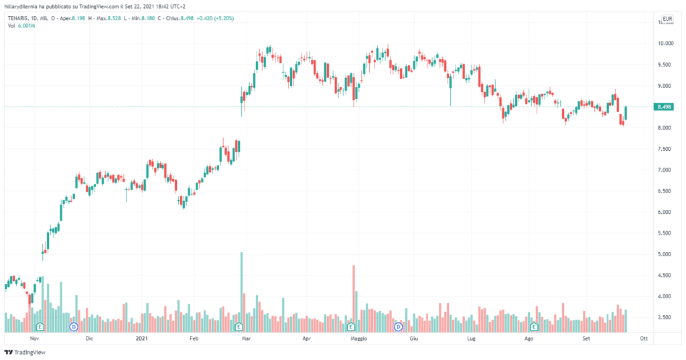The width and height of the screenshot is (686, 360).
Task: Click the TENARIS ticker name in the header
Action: pyautogui.click(x=19, y=18)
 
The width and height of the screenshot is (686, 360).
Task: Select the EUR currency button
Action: pyautogui.click(x=667, y=18)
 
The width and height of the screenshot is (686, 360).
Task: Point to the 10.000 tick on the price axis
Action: pyautogui.click(x=665, y=44)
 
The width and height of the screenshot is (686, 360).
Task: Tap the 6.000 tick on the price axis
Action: pyautogui.click(x=665, y=213)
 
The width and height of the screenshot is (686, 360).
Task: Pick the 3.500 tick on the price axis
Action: pyautogui.click(x=665, y=318)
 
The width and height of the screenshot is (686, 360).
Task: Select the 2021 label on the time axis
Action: pyautogui.click(x=141, y=339)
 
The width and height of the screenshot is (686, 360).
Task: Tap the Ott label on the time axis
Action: pyautogui.click(x=644, y=339)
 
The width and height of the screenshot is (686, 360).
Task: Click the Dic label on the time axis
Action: pyautogui.click(x=89, y=339)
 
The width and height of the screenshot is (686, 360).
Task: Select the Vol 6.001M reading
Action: pyautogui.click(x=20, y=25)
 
